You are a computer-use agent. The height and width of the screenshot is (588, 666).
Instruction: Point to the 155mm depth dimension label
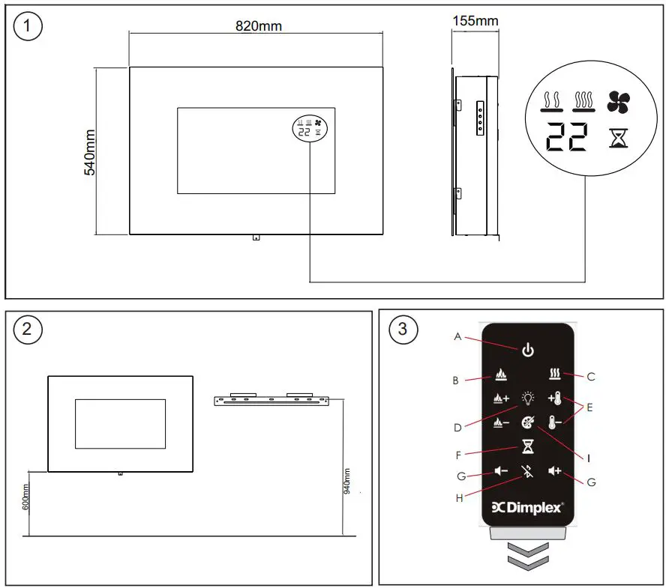[475, 20]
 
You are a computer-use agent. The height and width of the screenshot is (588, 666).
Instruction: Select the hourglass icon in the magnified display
[618, 138]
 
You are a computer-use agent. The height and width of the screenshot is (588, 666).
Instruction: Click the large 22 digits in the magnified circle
[566, 138]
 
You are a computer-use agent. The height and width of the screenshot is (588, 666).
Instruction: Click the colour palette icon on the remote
[529, 422]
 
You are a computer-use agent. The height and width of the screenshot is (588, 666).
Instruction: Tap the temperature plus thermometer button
[555, 398]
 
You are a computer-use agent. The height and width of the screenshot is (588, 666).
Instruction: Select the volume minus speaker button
[502, 471]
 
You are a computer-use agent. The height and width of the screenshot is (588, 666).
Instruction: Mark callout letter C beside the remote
[592, 377]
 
